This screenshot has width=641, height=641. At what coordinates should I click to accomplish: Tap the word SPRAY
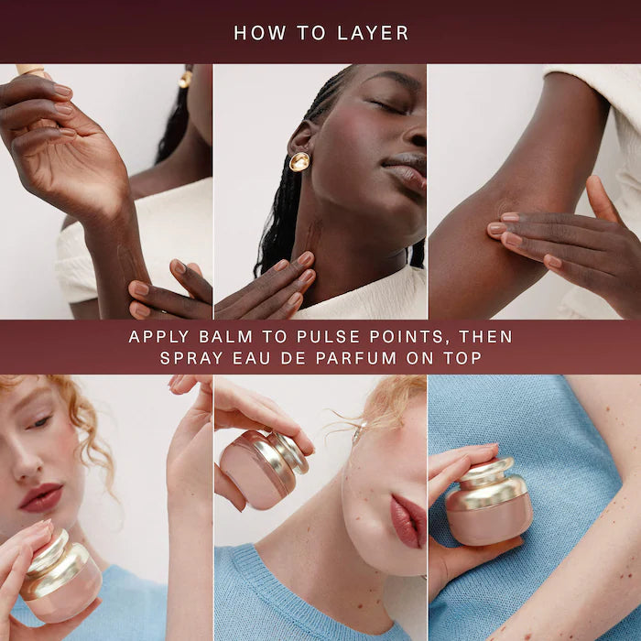pos(190,358)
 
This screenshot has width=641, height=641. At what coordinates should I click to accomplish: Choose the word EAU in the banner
pos(258,358)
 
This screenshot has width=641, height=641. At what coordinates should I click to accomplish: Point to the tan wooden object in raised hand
pos(30,71)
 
